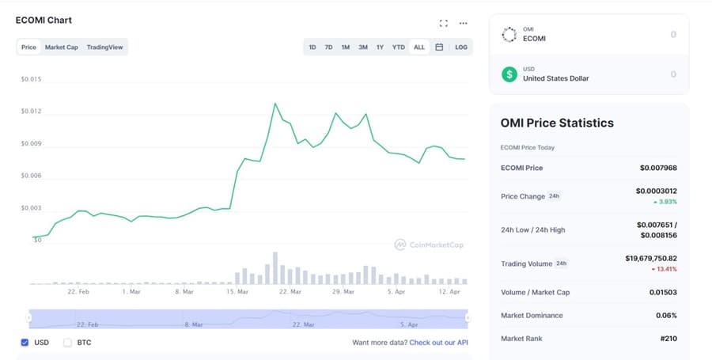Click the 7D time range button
[328, 47]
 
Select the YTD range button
[399, 47]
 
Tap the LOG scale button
[461, 47]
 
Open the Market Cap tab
[61, 47]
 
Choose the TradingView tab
[104, 47]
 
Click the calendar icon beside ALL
[439, 47]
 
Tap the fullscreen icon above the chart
[443, 23]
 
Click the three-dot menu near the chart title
[464, 23]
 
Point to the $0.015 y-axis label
[31, 80]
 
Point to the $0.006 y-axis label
[31, 176]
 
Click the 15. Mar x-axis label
[238, 291]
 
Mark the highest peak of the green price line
[275, 103]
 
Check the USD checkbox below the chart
[25, 343]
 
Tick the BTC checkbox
[67, 343]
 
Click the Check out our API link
[439, 343]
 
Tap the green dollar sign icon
[509, 74]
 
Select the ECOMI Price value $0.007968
[658, 168]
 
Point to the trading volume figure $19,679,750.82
[650, 258]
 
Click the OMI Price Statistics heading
[557, 123]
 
